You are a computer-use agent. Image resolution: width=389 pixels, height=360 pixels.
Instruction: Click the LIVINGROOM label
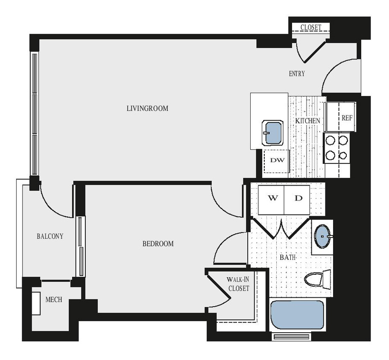tap(147, 108)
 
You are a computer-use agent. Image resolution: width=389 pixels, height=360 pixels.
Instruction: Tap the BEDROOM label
tap(158, 244)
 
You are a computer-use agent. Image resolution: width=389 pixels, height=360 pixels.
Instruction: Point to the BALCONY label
tap(50, 236)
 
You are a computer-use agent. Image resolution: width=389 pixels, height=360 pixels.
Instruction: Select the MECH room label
tap(54, 300)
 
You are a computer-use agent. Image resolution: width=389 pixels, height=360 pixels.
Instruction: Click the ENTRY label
tap(297, 74)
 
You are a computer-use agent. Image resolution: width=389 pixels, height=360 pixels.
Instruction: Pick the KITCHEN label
tap(307, 121)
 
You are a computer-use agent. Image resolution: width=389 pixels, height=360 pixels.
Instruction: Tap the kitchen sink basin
tap(272, 133)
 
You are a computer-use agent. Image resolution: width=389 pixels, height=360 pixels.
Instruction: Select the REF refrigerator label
tap(347, 117)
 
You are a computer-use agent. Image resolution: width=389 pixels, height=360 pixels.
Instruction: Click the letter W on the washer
tap(273, 198)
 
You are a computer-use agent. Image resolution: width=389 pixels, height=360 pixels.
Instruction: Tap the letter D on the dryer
tap(299, 198)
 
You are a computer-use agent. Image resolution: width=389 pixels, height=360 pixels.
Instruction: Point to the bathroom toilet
tap(317, 280)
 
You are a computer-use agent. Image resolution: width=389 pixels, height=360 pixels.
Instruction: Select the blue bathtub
tap(297, 315)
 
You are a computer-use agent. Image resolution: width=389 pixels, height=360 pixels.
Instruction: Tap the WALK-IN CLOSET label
tap(237, 284)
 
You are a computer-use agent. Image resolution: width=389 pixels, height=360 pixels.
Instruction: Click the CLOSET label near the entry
tap(310, 28)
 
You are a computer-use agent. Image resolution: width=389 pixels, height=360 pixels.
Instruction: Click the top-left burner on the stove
tap(330, 139)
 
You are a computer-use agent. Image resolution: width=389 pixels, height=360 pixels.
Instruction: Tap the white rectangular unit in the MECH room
tap(36, 303)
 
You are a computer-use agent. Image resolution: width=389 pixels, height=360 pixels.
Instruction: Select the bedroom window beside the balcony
tap(80, 247)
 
